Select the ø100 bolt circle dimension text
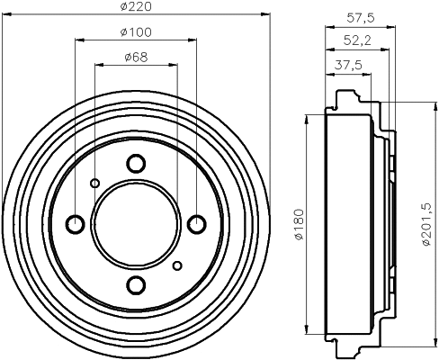pyautogui.click(x=136, y=33)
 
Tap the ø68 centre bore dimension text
pyautogui.click(x=136, y=59)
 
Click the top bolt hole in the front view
pyautogui.click(x=136, y=164)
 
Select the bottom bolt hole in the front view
pyautogui.click(x=136, y=285)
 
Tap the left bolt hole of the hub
pyautogui.click(x=76, y=224)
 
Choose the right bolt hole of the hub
pyautogui.click(x=197, y=224)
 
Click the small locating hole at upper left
pyautogui.click(x=94, y=184)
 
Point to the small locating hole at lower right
pyautogui.click(x=177, y=265)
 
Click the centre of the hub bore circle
pyautogui.click(x=136, y=224)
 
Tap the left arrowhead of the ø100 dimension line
pyautogui.click(x=78, y=40)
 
